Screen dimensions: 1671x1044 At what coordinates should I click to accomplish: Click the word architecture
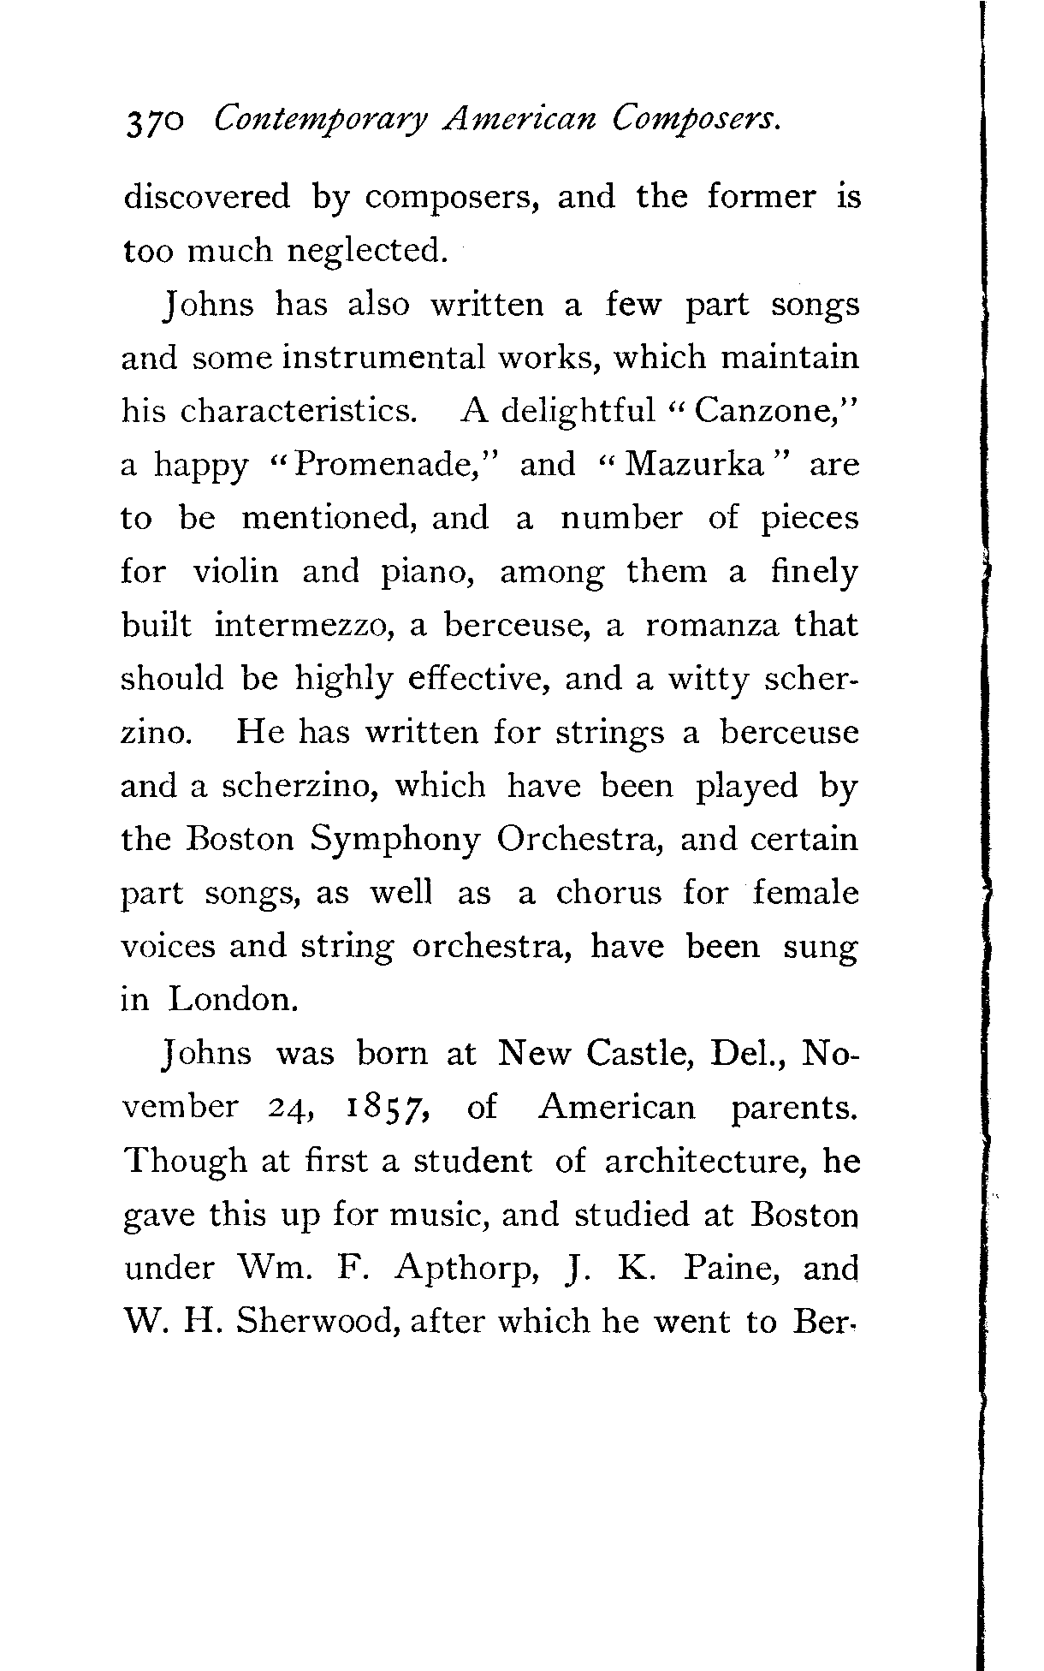point(706,1162)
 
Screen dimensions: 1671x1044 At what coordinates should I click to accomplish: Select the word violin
point(235,572)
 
